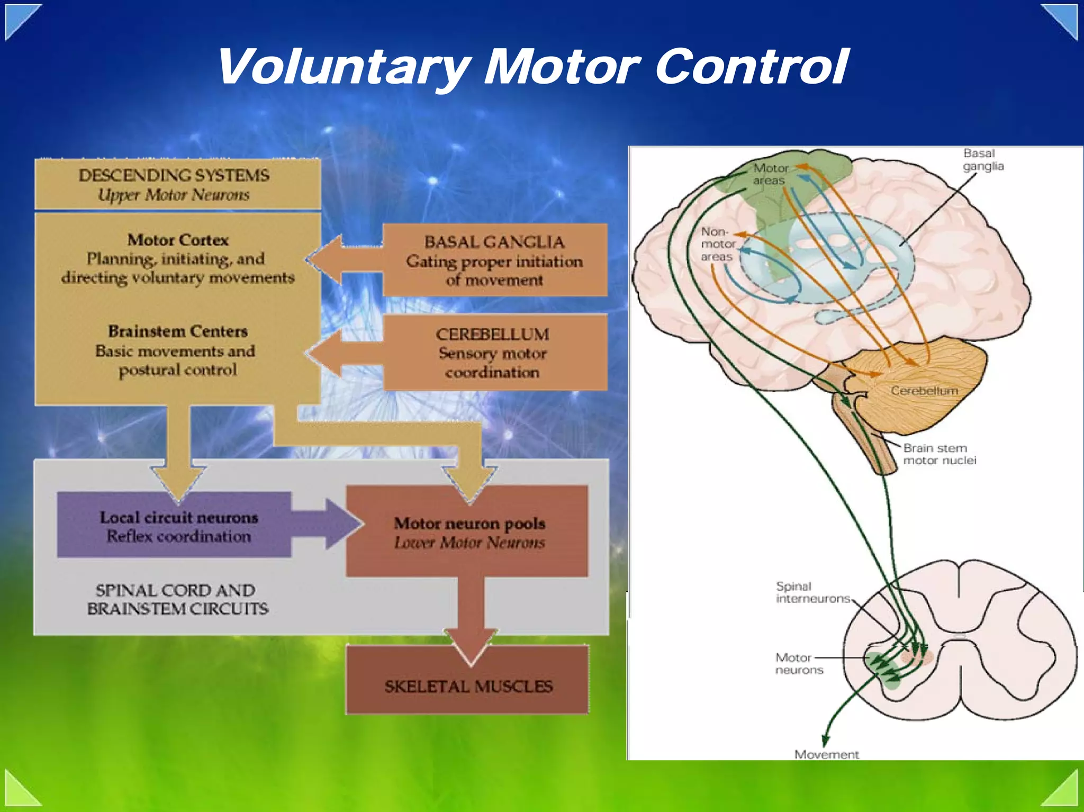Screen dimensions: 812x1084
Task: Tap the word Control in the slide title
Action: [x=752, y=67]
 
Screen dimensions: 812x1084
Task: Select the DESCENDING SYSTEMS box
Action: [x=177, y=184]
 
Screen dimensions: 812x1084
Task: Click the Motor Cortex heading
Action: [x=178, y=240]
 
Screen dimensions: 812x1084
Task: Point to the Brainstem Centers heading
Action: [x=178, y=331]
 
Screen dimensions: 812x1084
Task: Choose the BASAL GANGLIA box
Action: [x=494, y=260]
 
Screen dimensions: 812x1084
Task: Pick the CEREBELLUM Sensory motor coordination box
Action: [x=494, y=353]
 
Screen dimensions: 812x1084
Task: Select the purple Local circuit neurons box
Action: [x=174, y=525]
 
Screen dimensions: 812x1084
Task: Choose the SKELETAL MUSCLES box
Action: [x=468, y=686]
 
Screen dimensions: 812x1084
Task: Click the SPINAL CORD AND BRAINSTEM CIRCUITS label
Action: [x=178, y=599]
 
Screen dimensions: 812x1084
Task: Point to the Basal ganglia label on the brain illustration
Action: [x=983, y=160]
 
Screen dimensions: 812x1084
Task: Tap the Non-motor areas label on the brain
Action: [x=717, y=244]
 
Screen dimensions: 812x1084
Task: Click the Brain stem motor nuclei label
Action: [x=939, y=454]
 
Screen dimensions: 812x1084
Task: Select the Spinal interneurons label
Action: [x=812, y=592]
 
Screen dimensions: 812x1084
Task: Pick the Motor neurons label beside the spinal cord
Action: [x=798, y=664]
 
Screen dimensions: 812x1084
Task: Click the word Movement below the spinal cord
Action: [x=826, y=754]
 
